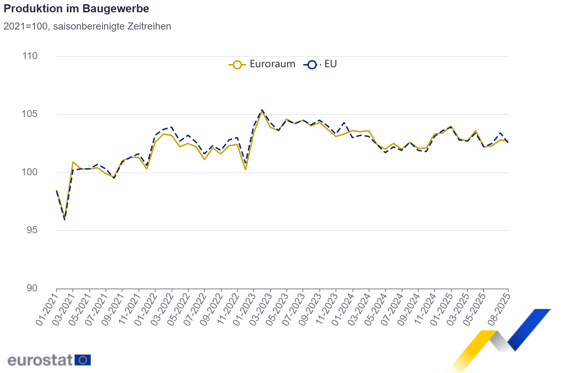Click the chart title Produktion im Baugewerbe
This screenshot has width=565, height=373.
pyautogui.click(x=76, y=9)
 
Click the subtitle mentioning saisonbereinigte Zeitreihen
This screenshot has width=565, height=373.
pyautogui.click(x=87, y=26)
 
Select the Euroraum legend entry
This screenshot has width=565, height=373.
pyautogui.click(x=262, y=64)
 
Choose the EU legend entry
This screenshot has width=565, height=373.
pyautogui.click(x=320, y=64)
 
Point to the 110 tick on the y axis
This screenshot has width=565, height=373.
pyautogui.click(x=30, y=56)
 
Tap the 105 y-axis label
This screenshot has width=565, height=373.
pyautogui.click(x=30, y=114)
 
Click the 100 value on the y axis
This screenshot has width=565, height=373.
pyautogui.click(x=30, y=172)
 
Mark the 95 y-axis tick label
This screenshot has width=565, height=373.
pyautogui.click(x=32, y=230)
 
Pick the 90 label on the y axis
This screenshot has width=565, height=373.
pyautogui.click(x=32, y=288)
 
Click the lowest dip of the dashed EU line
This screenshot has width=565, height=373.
pyautogui.click(x=65, y=220)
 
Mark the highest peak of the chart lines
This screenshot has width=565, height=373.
pyautogui.click(x=262, y=110)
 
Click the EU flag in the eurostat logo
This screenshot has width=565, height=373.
pyautogui.click(x=83, y=360)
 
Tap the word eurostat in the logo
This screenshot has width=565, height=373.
pyautogui.click(x=40, y=360)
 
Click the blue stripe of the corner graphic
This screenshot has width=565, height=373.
pyautogui.click(x=528, y=329)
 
